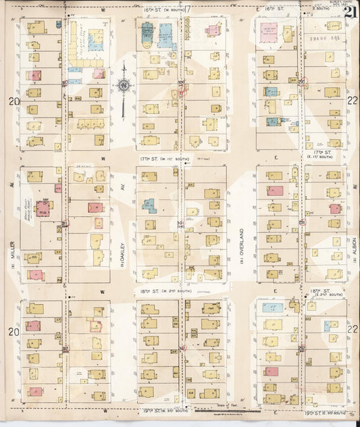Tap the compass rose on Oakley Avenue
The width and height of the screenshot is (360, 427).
(124, 85)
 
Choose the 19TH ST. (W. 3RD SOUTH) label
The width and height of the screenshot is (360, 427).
(161, 410)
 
